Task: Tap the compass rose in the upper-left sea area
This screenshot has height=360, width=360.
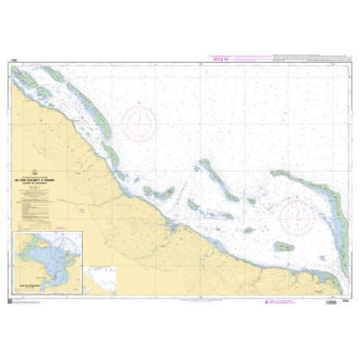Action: pos(139,122)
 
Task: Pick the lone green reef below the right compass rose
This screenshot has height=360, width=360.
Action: pos(283,247)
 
